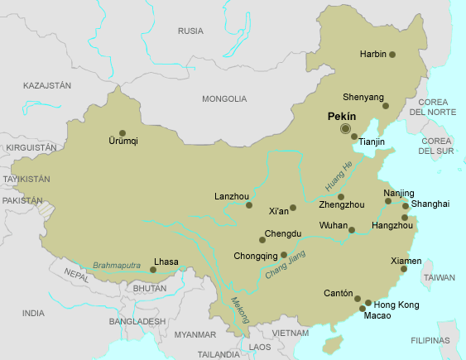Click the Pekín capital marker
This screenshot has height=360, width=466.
tap(345, 128)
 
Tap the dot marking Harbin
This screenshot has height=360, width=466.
tap(392, 55)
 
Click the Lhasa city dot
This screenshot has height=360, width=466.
tap(153, 269)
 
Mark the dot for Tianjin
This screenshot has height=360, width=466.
tap(354, 137)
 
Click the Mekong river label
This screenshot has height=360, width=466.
tap(239, 310)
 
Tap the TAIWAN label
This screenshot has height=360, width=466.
tap(439, 279)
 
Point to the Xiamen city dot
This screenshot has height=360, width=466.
tap(404, 269)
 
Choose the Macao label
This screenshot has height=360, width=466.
tap(377, 316)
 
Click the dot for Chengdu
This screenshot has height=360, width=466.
tap(262, 240)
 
